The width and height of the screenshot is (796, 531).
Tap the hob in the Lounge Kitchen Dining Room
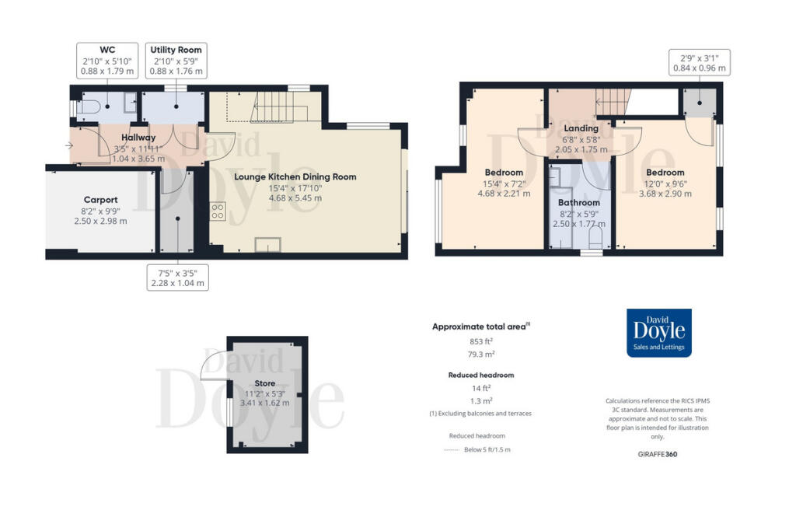[x=218, y=210]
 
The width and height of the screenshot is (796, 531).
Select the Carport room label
[x=101, y=200]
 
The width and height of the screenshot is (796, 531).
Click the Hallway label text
[x=138, y=138]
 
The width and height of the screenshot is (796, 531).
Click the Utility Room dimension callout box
[x=177, y=61]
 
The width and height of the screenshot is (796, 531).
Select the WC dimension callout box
[x=108, y=61]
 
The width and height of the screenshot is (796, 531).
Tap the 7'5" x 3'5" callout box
[x=179, y=278]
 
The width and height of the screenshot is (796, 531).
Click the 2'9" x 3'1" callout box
[x=700, y=62]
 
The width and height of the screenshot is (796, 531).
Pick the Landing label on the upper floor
[x=581, y=128]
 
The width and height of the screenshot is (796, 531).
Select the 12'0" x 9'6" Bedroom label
[x=665, y=173]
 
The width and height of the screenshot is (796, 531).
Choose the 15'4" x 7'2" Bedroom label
[x=504, y=173]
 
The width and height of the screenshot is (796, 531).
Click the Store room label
[x=264, y=384]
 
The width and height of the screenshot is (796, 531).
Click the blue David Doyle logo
[x=659, y=333]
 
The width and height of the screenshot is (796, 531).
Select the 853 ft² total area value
[x=481, y=341]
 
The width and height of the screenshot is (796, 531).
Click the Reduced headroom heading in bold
[x=481, y=375]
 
